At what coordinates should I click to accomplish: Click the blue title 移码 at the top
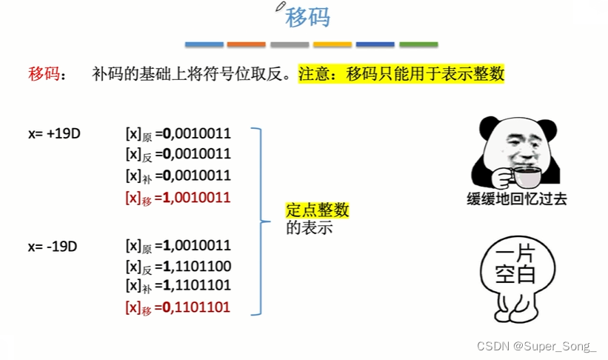point(307,18)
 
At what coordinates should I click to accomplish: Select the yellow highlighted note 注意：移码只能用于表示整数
point(401,74)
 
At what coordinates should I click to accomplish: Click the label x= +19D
point(54,134)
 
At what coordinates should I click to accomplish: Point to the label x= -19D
point(53,246)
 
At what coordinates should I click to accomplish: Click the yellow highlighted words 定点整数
point(317,211)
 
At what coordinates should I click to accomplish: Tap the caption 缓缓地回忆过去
point(516,199)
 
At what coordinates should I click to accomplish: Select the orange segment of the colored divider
point(246,44)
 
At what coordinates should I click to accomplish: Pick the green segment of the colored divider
point(418,44)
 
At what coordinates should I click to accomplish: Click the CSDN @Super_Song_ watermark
point(537,347)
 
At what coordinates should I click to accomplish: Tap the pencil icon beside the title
point(280,7)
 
